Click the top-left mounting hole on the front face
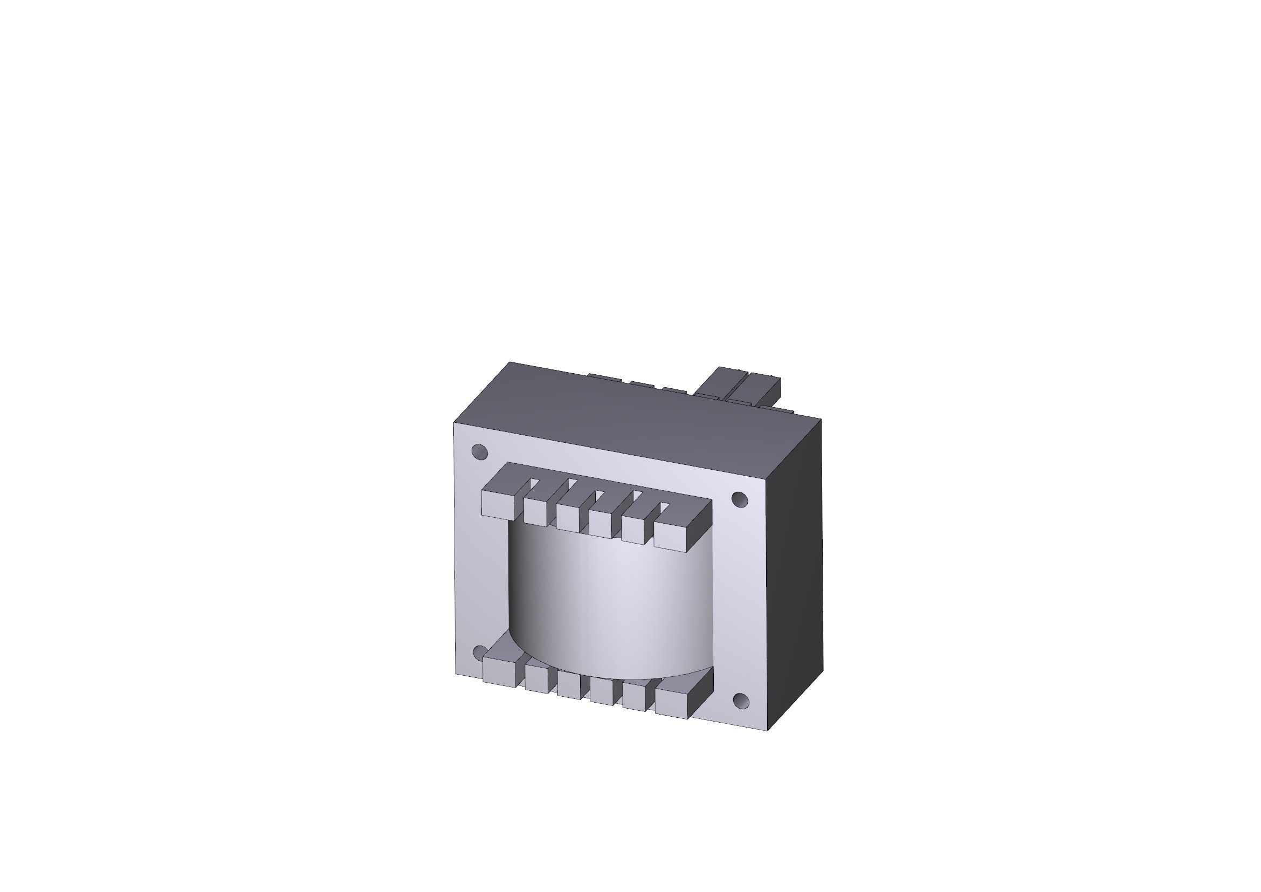point(479,451)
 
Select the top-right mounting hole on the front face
point(740,499)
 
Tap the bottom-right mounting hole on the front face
point(741,701)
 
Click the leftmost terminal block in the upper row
point(497,503)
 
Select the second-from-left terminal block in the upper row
point(535,511)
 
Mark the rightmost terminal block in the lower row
point(672,704)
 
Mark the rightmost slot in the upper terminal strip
point(665,505)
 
